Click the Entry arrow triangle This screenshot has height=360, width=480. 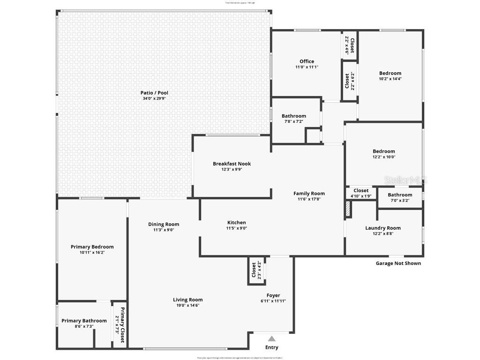click(x=272, y=339)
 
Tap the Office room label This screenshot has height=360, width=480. click(x=307, y=61)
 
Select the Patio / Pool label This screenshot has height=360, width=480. click(x=154, y=93)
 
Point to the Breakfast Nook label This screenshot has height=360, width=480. click(x=232, y=164)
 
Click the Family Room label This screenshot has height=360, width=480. click(x=309, y=193)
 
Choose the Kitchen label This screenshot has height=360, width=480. click(x=236, y=223)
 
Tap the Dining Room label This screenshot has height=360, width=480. click(x=164, y=224)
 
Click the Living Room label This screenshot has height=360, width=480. click(x=187, y=300)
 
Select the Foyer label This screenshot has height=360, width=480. click(x=273, y=295)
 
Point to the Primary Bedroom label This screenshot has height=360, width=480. click(x=92, y=247)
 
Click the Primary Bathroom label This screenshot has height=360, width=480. click(x=84, y=321)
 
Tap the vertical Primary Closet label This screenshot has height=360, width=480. click(x=122, y=325)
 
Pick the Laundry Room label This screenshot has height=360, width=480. click(x=383, y=228)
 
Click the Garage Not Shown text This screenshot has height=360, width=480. click(x=398, y=263)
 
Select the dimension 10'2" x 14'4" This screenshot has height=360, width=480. click(x=390, y=79)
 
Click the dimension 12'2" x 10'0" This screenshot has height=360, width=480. click(x=384, y=157)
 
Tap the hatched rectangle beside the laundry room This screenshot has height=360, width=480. click(x=348, y=209)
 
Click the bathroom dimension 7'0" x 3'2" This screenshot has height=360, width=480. click(x=400, y=201)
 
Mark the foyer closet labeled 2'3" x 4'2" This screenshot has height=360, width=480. click(x=256, y=270)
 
